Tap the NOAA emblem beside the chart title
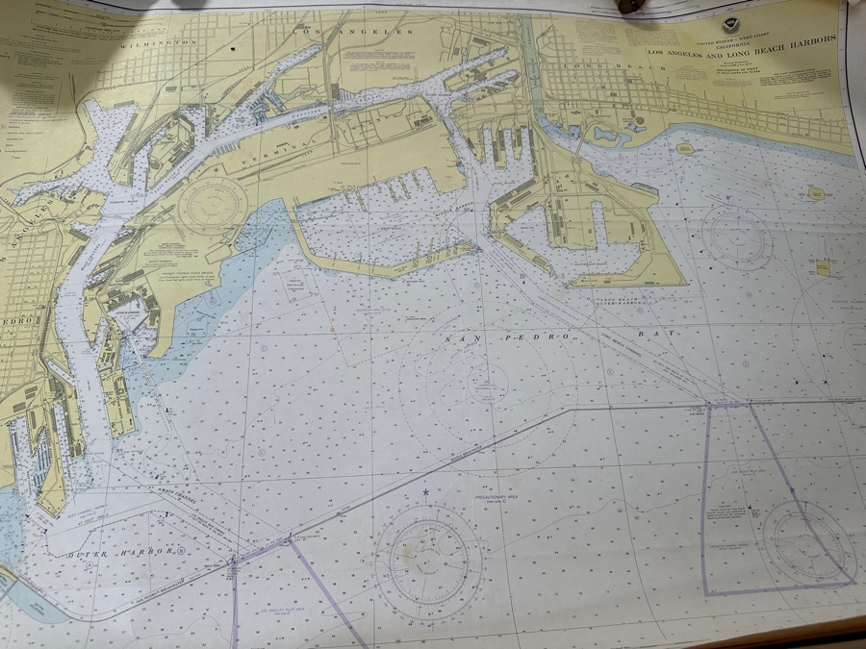[734, 26]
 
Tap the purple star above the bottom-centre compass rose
[425, 493]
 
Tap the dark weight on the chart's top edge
[631, 6]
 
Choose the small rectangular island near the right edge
[823, 268]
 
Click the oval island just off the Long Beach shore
[685, 149]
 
